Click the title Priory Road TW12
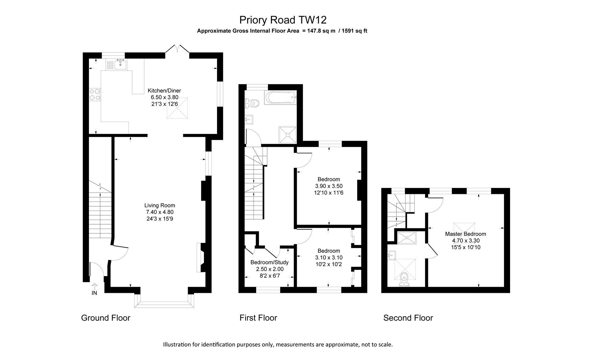coord(283,20)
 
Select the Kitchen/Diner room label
coord(164,91)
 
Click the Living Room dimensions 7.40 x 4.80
coord(160,212)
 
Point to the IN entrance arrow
coord(94,286)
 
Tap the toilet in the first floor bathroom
coord(252,103)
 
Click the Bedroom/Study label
coord(269,262)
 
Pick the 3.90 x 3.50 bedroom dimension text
coord(328,186)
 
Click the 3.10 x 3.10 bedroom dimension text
coord(328,258)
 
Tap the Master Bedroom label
coord(465,234)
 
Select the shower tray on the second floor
coord(406,238)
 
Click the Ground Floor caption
coord(105,318)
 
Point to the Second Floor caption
coord(408,318)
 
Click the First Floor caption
coord(258,318)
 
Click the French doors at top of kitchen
coord(177,49)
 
